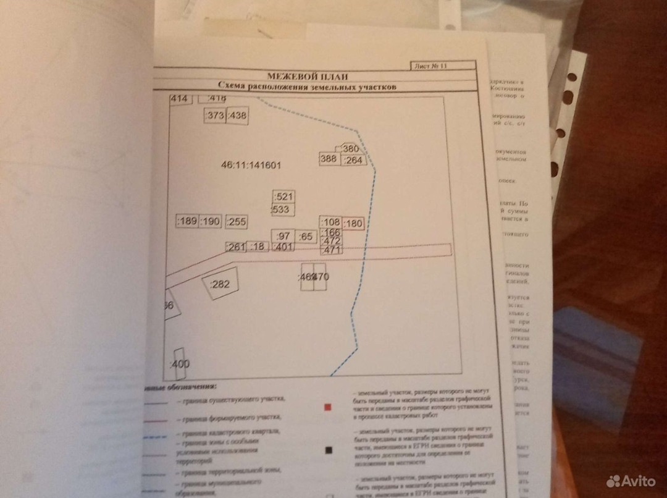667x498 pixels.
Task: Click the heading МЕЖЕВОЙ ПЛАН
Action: click(x=307, y=77)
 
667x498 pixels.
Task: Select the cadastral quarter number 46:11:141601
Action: click(x=251, y=166)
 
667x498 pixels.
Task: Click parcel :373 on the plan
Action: click(x=215, y=116)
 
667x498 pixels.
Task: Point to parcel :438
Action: click(x=237, y=116)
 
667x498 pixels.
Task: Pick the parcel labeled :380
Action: click(x=350, y=149)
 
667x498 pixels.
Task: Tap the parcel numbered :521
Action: click(x=283, y=196)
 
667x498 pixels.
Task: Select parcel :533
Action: click(x=282, y=210)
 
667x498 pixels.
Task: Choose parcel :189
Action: click(x=187, y=222)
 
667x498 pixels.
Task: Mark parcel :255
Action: click(x=237, y=222)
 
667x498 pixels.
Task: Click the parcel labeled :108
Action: click(x=331, y=222)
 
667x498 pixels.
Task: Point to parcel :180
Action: click(x=353, y=224)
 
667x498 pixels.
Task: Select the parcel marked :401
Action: click(x=282, y=247)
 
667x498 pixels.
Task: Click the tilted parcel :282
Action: click(x=220, y=285)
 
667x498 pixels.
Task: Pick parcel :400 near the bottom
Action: click(x=180, y=363)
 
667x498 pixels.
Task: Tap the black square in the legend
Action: click(x=328, y=450)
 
